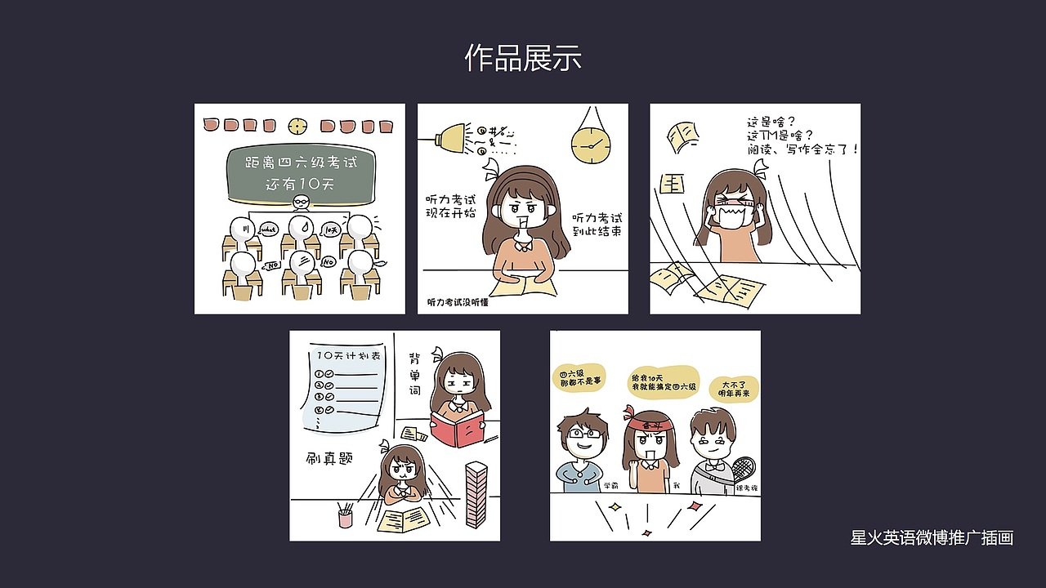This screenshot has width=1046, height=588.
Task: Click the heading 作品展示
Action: click(x=523, y=58)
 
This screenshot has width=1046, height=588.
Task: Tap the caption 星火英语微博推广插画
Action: click(x=932, y=537)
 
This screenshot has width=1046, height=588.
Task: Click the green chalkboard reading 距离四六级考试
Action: click(x=300, y=171)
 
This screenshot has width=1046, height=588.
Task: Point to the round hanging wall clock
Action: click(x=591, y=145)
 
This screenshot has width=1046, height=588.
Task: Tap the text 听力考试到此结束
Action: click(x=597, y=225)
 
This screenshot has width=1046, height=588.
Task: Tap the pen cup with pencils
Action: click(x=345, y=516)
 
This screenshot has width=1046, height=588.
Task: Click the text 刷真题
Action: click(x=329, y=458)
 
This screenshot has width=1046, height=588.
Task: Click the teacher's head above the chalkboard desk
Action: click(x=301, y=203)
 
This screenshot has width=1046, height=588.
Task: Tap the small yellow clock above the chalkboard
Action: click(x=297, y=126)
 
